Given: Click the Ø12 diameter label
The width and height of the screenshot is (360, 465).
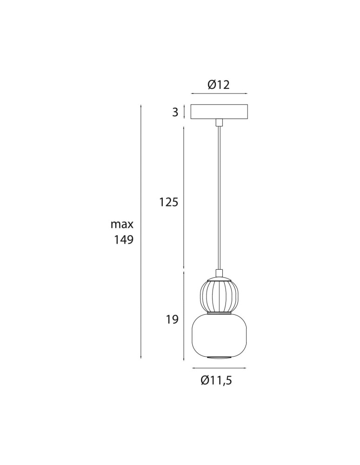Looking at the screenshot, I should pyautogui.click(x=219, y=85).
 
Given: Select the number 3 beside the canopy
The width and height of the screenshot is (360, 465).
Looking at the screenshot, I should pyautogui.click(x=175, y=112).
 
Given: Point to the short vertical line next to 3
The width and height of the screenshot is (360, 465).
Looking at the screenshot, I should pyautogui.click(x=185, y=112).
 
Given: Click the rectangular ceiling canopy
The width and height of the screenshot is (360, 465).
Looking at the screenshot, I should pyautogui.click(x=219, y=112).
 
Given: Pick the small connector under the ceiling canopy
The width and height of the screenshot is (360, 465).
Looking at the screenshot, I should pyautogui.click(x=219, y=122).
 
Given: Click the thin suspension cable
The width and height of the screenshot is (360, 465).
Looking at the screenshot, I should pyautogui.click(x=219, y=195).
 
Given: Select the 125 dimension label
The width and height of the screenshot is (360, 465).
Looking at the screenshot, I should pyautogui.click(x=168, y=202).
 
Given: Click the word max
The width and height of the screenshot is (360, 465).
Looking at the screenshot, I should pyautogui.click(x=122, y=225).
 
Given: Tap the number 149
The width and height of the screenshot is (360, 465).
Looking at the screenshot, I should pyautogui.click(x=124, y=240).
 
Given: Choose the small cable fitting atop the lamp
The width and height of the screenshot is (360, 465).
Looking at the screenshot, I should pyautogui.click(x=219, y=273).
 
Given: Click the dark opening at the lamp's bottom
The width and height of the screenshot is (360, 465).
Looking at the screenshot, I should pyautogui.click(x=219, y=358).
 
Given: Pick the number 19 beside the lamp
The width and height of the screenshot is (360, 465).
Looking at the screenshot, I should pyautogui.click(x=172, y=320).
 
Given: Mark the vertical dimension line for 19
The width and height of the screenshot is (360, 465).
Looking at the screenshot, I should pyautogui.click(x=185, y=316).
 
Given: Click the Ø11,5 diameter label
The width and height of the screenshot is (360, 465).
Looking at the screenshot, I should pyautogui.click(x=216, y=380).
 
